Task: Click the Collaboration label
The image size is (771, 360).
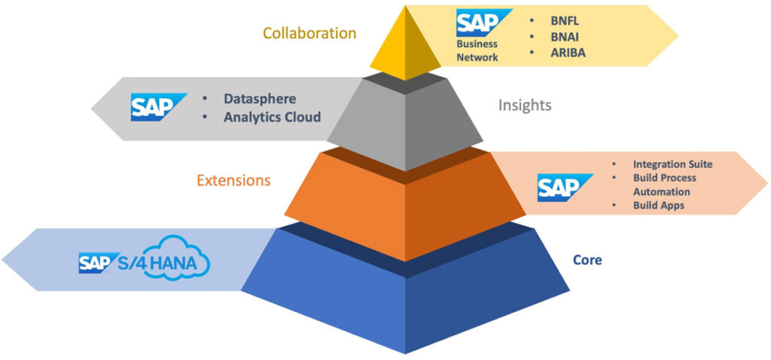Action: point(309,33)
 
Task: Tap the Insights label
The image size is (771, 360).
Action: point(525,105)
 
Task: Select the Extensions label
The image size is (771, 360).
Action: point(233,180)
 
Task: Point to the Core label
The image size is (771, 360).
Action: point(587,260)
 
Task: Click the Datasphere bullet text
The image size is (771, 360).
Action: point(260,99)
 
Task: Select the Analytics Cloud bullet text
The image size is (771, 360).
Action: point(272,117)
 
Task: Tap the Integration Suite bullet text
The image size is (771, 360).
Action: point(672,163)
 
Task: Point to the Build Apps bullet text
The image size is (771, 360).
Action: point(658,206)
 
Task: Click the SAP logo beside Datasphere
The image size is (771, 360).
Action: point(158,107)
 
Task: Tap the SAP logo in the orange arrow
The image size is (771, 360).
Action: point(558,188)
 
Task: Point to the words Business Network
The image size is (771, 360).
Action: point(477,50)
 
